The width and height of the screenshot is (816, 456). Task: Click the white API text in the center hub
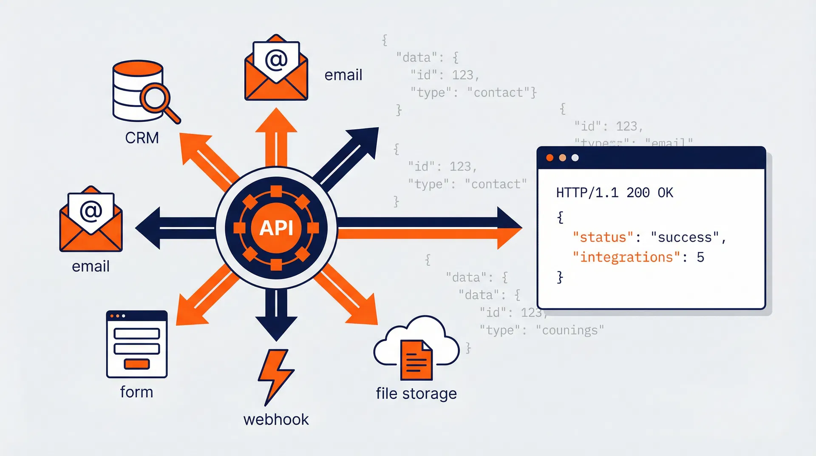point(276,228)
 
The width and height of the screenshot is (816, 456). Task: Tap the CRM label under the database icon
point(142,138)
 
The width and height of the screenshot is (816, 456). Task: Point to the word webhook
point(276,419)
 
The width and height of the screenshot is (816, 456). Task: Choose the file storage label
point(416,393)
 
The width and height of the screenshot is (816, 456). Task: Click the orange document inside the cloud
point(416,360)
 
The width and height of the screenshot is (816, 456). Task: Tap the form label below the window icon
point(136,392)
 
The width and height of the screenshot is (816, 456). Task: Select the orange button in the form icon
point(136,364)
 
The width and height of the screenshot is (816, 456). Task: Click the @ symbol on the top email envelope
point(276,59)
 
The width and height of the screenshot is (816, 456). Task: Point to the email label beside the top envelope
point(343,75)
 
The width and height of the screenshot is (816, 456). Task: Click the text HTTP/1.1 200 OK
point(615,193)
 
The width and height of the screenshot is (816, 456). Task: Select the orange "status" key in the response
point(603,237)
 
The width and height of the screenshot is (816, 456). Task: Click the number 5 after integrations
point(700,257)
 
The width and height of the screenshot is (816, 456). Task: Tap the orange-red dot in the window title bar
point(550,158)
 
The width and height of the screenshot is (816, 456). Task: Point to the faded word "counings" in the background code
point(569,330)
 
